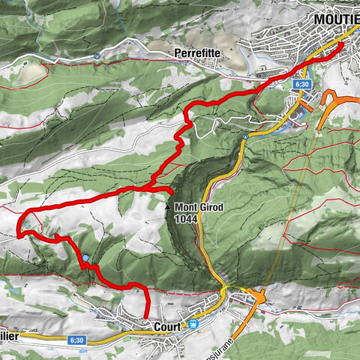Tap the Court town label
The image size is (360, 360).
point(165,328)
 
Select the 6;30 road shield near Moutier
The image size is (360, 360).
point(302,85)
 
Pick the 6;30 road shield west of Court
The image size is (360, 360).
point(76,340)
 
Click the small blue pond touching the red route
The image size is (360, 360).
point(86,257)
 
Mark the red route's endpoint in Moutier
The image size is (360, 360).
point(343,45)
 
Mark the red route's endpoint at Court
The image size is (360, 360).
point(146,318)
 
